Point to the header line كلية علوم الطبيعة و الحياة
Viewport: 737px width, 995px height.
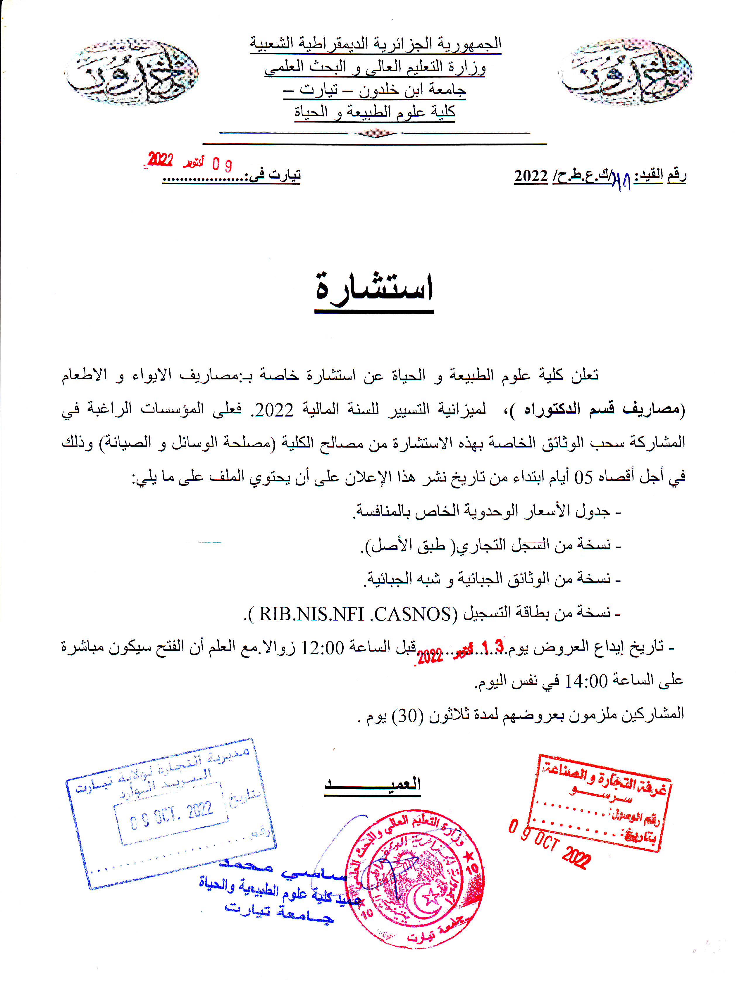pyautogui.click(x=375, y=111)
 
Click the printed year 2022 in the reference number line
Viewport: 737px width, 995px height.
pyautogui.click(x=531, y=176)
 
